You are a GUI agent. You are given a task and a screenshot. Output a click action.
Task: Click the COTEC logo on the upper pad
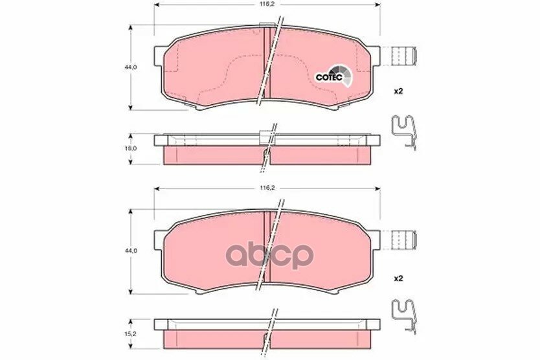pyautogui.click(x=334, y=76)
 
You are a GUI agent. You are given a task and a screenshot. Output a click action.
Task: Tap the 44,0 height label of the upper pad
pyautogui.click(x=131, y=67)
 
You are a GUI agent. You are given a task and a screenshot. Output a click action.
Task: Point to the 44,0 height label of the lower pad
pyautogui.click(x=131, y=251)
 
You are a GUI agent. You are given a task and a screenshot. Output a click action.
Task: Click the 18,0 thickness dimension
pyautogui.click(x=132, y=148)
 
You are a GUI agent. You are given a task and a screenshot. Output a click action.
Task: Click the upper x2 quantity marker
pyautogui.click(x=398, y=91)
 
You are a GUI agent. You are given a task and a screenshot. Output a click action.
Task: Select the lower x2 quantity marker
pyautogui.click(x=398, y=278)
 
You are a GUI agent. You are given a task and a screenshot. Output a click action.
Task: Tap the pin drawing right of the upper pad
pyautogui.click(x=405, y=55)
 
